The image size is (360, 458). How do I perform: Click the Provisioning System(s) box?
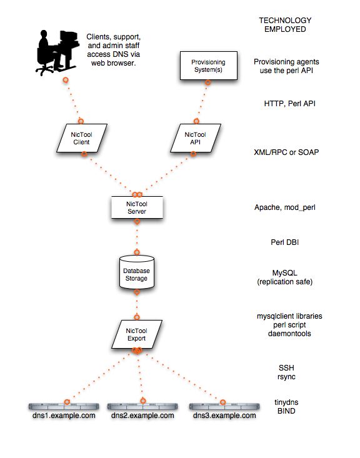pyautogui.click(x=204, y=66)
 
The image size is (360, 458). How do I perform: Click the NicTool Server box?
pyautogui.click(x=136, y=207)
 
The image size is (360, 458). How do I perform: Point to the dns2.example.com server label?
pyautogui.click(x=143, y=416)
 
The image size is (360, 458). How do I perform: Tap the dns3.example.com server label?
pyautogui.click(x=224, y=416)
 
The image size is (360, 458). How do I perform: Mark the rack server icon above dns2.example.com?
pyautogui.click(x=143, y=406)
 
